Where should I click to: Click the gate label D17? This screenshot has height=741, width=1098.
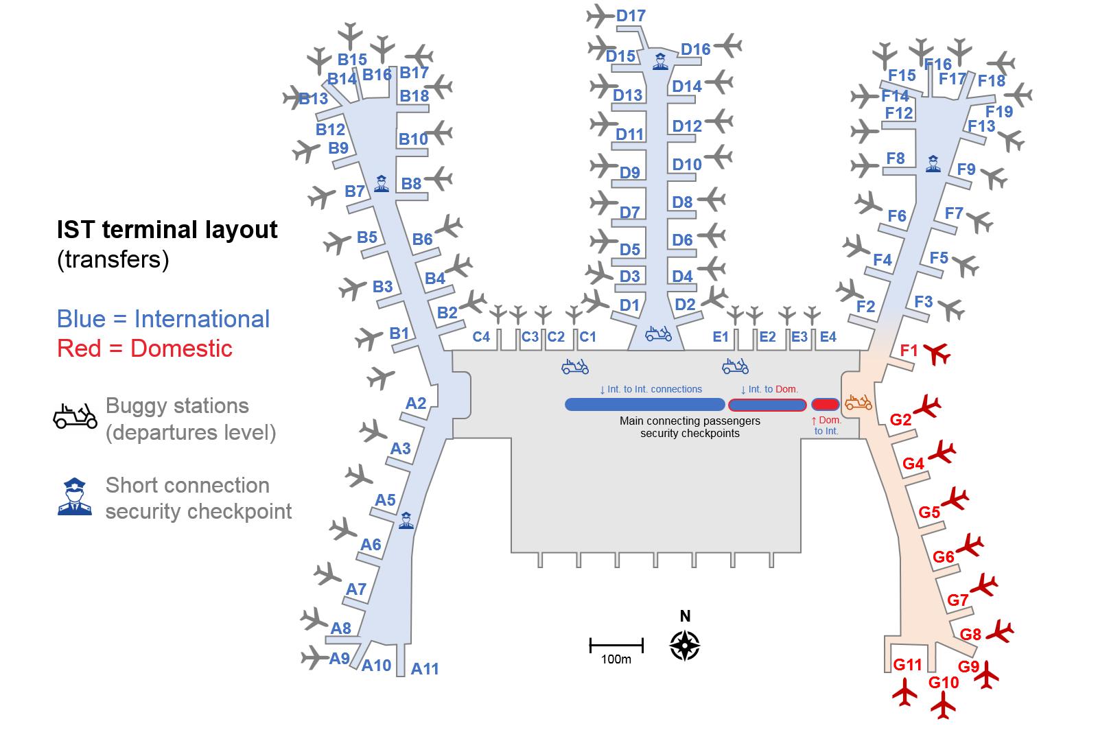(x=631, y=16)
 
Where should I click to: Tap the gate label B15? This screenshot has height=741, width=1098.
(x=352, y=59)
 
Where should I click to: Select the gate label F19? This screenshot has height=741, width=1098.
(x=999, y=112)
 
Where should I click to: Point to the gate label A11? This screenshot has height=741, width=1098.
(x=425, y=668)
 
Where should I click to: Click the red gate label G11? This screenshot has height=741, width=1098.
(x=907, y=665)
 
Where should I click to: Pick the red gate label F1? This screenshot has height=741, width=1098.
(x=909, y=351)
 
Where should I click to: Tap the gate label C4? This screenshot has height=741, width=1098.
(x=481, y=337)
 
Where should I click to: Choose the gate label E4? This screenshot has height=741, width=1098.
(x=828, y=337)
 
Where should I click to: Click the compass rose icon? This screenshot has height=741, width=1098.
(x=685, y=646)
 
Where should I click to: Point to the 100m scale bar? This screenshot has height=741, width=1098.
(x=616, y=646)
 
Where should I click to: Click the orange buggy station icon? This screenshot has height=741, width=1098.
(x=858, y=402)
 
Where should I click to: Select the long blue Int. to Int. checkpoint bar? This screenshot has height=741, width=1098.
(x=644, y=404)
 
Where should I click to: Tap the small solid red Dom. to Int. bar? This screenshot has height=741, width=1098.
(x=826, y=404)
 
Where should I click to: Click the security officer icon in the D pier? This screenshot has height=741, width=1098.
(x=660, y=61)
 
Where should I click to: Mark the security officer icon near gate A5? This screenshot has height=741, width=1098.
(x=406, y=521)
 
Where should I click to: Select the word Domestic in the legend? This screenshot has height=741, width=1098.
(x=181, y=349)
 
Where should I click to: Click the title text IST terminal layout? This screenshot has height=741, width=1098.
(x=167, y=229)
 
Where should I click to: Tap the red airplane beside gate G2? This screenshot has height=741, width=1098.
(x=927, y=405)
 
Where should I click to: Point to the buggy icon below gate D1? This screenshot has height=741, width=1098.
(x=658, y=333)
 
